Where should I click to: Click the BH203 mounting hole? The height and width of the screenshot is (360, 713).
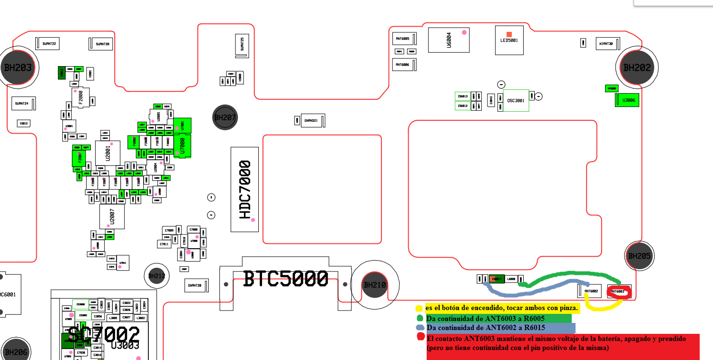click(18, 67)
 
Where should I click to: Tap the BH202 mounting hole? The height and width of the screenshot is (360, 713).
click(636, 68)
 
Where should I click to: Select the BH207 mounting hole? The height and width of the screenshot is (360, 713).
click(225, 117)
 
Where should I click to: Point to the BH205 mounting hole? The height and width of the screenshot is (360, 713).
click(639, 256)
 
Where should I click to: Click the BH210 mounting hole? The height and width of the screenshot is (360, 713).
click(375, 285)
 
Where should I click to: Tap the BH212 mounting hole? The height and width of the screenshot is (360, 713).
click(156, 275)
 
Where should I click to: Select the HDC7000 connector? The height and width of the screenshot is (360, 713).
click(244, 189)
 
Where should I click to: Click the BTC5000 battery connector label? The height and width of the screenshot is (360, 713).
click(286, 279)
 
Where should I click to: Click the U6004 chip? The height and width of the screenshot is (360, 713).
click(449, 39)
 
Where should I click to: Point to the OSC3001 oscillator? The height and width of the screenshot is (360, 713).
click(516, 100)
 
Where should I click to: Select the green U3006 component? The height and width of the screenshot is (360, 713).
click(627, 100)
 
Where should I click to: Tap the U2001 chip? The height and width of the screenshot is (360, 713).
click(107, 154)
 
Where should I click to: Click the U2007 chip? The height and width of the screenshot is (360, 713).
click(112, 216)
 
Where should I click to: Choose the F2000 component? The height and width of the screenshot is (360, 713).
click(80, 97)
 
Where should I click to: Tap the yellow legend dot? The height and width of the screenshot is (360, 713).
click(419, 309)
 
